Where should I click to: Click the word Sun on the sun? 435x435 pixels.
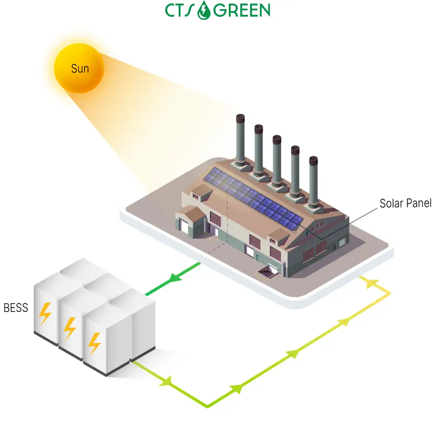click(80, 69)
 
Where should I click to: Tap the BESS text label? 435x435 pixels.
click(16, 308)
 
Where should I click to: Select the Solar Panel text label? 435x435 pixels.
click(405, 203)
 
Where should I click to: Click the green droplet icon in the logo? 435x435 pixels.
click(204, 10)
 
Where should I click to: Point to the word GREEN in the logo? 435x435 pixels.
click(241, 10)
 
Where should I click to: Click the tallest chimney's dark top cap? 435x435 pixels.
click(240, 118)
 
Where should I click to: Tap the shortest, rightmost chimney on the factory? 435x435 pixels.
click(313, 181)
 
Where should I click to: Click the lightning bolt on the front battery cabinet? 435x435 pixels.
click(94, 344)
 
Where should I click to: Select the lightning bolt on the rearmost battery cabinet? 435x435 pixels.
click(45, 314)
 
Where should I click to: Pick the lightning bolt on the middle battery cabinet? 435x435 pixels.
click(69, 328)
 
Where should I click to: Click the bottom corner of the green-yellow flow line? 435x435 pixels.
click(207, 407)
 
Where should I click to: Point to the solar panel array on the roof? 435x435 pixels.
click(253, 198)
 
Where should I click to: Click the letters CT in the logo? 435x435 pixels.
click(174, 10)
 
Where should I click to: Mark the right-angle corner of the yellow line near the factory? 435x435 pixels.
click(390, 293)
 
